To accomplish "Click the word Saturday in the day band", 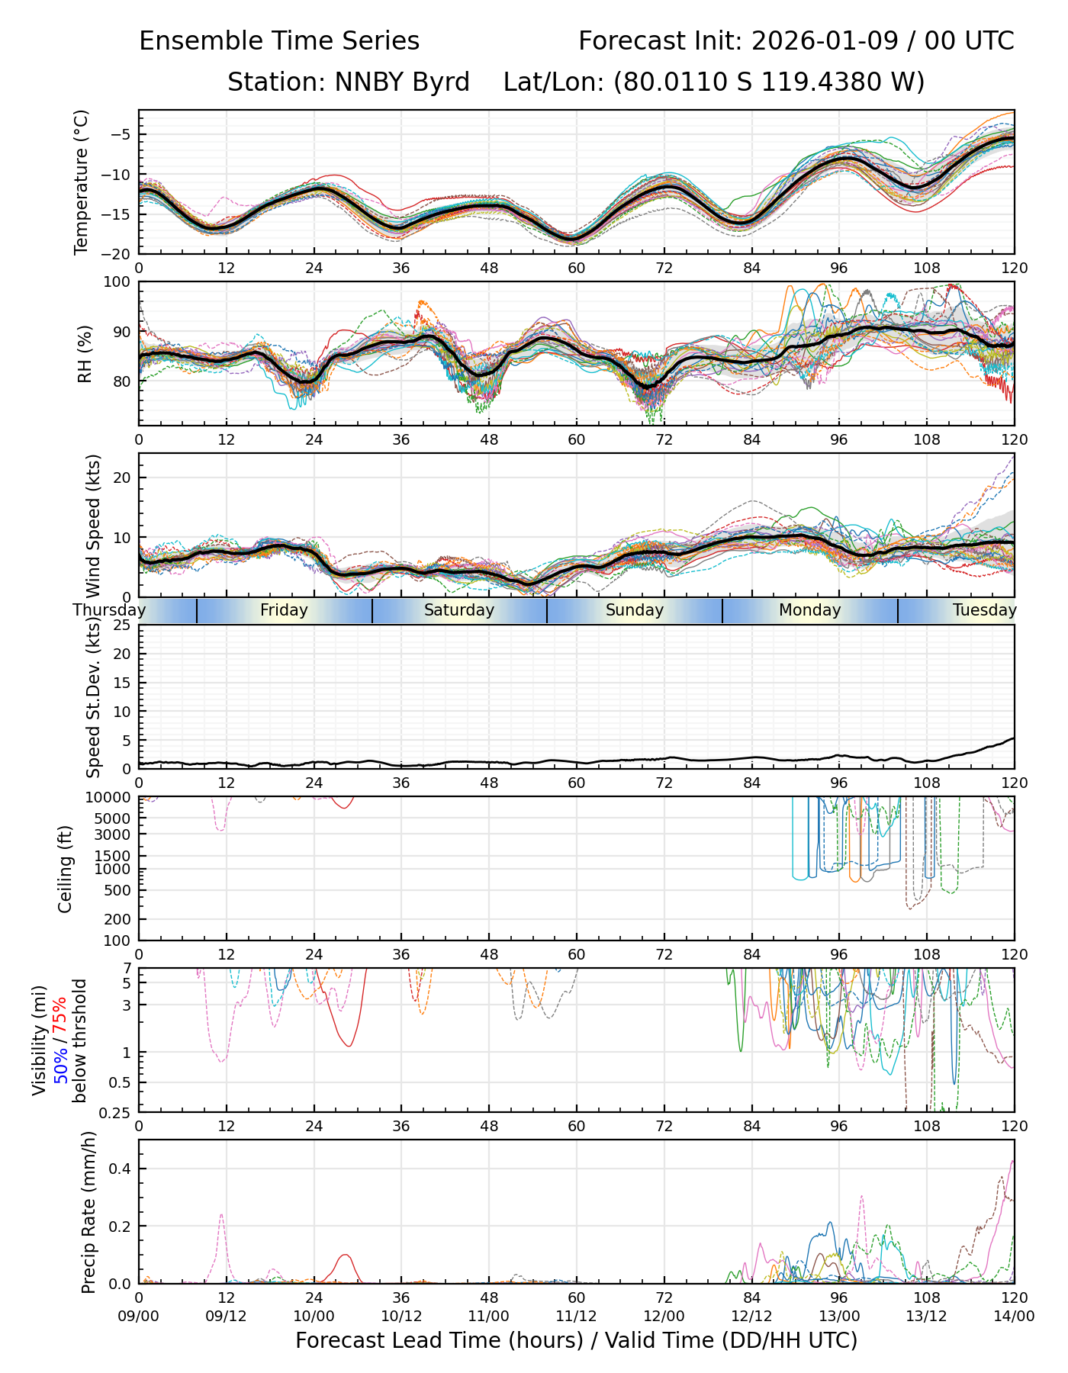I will pyautogui.click(x=459, y=610).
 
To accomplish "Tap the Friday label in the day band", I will pyautogui.click(x=284, y=610).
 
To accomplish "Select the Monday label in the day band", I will pyautogui.click(x=809, y=610).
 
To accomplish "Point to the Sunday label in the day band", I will pyautogui.click(x=634, y=610).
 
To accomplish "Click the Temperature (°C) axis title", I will pyautogui.click(x=82, y=182).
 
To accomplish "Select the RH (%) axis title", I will pyautogui.click(x=85, y=353).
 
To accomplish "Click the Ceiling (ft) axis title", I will pyautogui.click(x=66, y=869).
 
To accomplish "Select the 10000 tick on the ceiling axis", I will pyautogui.click(x=112, y=798).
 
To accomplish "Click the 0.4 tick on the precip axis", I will pyautogui.click(x=122, y=1169).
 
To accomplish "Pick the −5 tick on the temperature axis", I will pyautogui.click(x=121, y=135).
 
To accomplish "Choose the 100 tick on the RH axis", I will pyautogui.click(x=117, y=282).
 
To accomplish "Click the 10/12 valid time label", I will pyautogui.click(x=401, y=1317).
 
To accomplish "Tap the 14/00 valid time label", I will pyautogui.click(x=1014, y=1317).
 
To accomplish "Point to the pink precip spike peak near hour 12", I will pyautogui.click(x=221, y=1215).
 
